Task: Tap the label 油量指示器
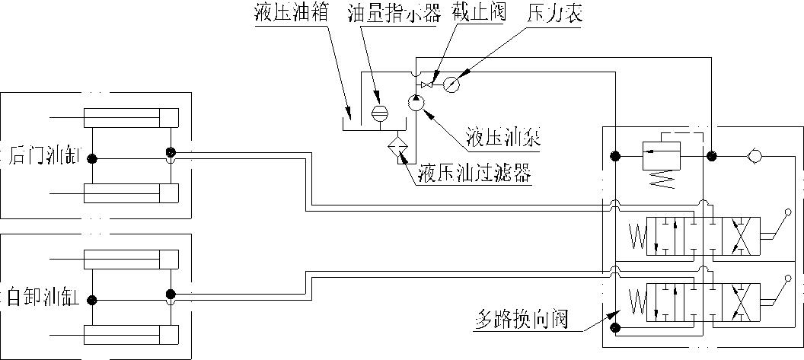(x=382, y=15)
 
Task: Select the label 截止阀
(x=476, y=15)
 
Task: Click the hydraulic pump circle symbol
(x=416, y=104)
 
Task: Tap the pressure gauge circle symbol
(x=451, y=84)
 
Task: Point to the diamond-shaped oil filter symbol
(x=397, y=146)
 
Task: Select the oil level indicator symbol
(x=378, y=113)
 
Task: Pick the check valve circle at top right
(x=754, y=157)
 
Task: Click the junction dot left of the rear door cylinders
(x=91, y=159)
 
